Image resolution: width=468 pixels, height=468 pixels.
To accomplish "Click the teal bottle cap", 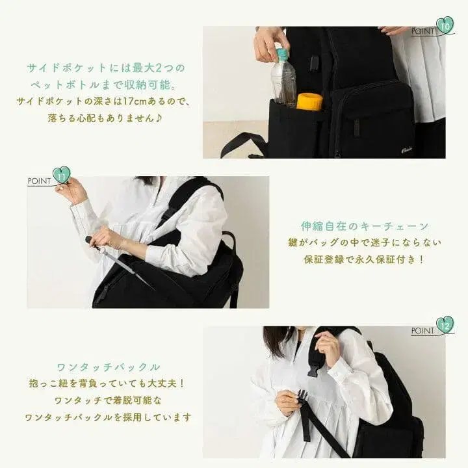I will (281, 55).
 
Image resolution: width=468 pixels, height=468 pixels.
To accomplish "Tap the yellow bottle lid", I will (309, 101).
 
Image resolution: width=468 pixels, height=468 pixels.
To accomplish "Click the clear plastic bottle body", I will (283, 83).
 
